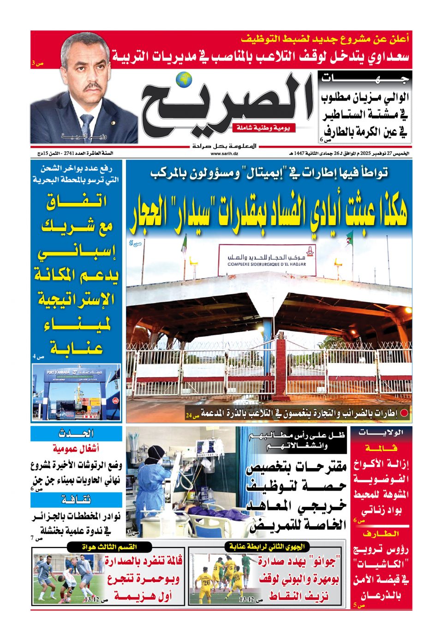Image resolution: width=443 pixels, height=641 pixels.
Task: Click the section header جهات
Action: tap(365, 79)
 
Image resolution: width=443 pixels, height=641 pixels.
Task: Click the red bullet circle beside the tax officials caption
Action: tap(404, 413)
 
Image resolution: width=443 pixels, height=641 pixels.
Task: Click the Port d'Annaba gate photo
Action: tap(77, 392)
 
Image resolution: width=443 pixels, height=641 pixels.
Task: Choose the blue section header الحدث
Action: tap(77, 433)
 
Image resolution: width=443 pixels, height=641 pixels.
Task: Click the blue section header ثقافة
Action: tap(77, 500)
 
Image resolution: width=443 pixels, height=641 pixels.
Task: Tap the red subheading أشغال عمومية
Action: tap(76, 448)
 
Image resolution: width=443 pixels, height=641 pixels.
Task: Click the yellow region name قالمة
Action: tap(381, 448)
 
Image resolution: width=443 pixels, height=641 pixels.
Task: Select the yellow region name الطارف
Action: tap(381, 534)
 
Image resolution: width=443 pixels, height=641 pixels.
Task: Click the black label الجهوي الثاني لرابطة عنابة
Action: tap(267, 546)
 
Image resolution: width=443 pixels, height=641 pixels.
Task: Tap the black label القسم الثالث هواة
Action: tap(109, 546)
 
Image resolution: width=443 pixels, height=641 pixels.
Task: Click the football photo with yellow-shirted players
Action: tap(224, 578)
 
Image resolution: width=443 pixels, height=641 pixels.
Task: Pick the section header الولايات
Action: tap(381, 432)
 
